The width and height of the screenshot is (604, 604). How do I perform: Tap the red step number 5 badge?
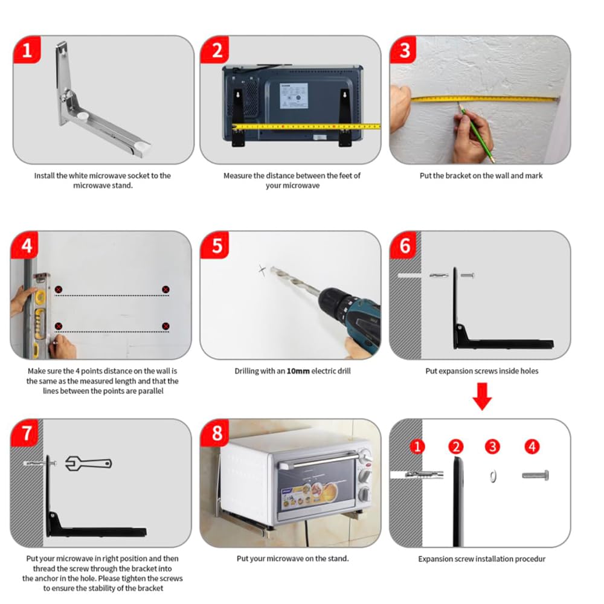215,245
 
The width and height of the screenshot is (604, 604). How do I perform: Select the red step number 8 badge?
215,433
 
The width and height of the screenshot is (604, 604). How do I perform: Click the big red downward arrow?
482,396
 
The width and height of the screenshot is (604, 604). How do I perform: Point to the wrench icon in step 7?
88,463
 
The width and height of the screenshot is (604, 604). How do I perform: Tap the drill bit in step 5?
295,281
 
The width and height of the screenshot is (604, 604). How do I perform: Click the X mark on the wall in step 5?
262,270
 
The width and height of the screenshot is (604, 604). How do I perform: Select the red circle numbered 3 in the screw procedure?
492,447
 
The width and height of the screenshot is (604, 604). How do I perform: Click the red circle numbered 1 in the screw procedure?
417,447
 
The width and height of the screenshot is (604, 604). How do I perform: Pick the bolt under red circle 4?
535,475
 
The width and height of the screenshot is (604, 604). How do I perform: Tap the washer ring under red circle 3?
493,477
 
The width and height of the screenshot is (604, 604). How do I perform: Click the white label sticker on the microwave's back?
294,95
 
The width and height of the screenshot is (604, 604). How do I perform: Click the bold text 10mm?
298,371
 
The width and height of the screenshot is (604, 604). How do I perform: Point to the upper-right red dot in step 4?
165,289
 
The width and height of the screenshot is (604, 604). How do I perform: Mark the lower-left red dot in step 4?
59,326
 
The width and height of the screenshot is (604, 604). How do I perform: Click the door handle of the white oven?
320,460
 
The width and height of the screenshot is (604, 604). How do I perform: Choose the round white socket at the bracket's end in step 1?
143,146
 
